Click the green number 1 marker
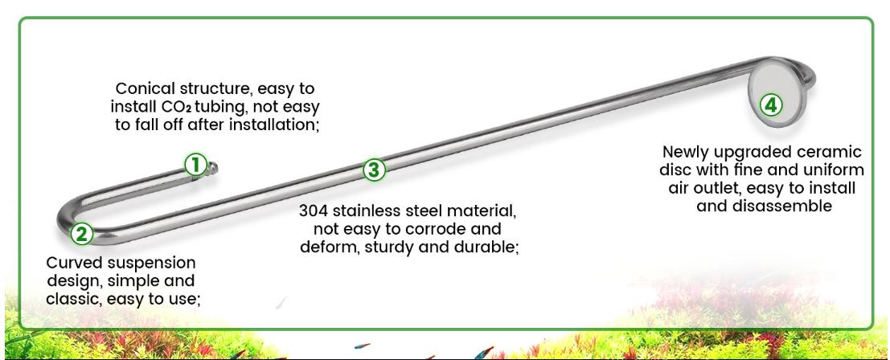pyautogui.click(x=195, y=165)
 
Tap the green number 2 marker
pyautogui.click(x=81, y=234)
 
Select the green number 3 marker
pyautogui.click(x=374, y=170)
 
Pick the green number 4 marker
pyautogui.click(x=770, y=104)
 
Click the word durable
pyautogui.click(x=487, y=247)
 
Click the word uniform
pyautogui.click(x=832, y=170)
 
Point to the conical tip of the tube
pyautogui.click(x=214, y=167)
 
